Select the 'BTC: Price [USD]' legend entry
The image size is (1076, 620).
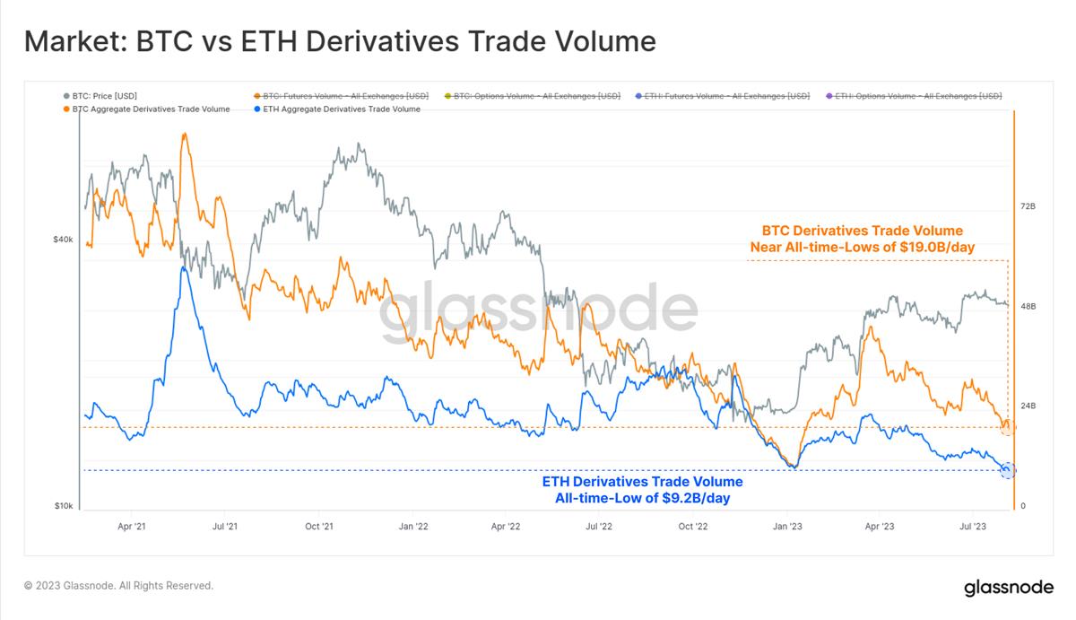(104, 96)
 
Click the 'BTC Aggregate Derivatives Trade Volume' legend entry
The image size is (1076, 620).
(151, 109)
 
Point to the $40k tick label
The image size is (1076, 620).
(63, 240)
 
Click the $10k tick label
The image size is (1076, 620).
(63, 506)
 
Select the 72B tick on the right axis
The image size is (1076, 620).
(1028, 206)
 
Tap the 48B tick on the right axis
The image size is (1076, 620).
(1028, 306)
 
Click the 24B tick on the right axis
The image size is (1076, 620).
(1028, 406)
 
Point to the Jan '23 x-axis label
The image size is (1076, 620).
(787, 526)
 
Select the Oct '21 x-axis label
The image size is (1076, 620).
(319, 526)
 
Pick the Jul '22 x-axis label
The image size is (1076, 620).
(599, 526)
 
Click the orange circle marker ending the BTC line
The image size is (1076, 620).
(1008, 427)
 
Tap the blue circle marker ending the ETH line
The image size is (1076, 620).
(1007, 469)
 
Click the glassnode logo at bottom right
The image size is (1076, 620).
(1009, 588)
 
